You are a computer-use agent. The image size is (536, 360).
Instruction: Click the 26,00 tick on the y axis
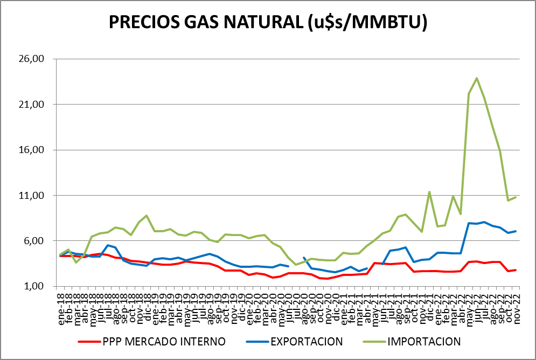pos(38,59)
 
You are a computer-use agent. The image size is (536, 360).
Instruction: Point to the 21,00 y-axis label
pos(38,104)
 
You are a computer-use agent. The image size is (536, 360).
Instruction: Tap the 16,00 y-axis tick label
pos(38,150)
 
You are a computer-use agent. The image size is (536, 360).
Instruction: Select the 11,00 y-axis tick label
pos(38,195)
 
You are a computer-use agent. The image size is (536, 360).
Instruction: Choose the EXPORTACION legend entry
pos(307,341)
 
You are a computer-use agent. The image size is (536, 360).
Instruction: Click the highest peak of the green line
pos(477,78)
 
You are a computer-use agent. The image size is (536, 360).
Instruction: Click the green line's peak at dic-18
pos(147,216)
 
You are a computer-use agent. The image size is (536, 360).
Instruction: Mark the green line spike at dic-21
pos(429,192)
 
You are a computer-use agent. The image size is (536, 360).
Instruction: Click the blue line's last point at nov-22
pos(516,231)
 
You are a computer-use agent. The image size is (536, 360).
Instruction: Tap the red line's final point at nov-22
pos(516,270)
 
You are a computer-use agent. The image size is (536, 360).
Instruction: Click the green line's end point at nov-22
pos(516,197)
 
